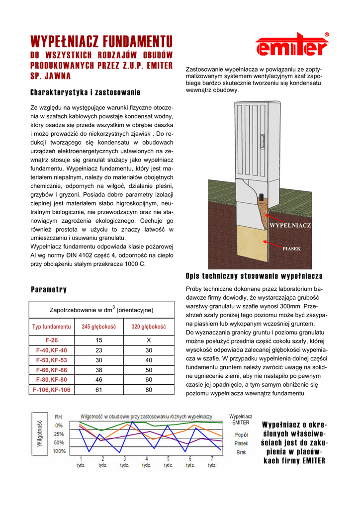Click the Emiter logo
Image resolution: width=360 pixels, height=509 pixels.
pyautogui.click(x=292, y=45)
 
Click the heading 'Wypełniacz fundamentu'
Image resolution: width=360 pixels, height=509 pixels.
pyautogui.click(x=101, y=41)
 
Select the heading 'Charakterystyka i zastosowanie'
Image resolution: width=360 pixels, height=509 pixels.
pyautogui.click(x=85, y=92)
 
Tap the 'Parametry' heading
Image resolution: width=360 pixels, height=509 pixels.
pyautogui.click(x=49, y=289)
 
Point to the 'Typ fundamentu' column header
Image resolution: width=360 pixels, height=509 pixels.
pyautogui.click(x=52, y=327)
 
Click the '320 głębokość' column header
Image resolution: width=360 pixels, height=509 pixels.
pyautogui.click(x=149, y=327)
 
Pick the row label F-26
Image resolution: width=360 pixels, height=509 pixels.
pyautogui.click(x=52, y=340)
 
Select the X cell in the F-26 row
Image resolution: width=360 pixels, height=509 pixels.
pyautogui.click(x=149, y=340)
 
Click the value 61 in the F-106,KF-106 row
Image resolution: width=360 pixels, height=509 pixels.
pyautogui.click(x=99, y=390)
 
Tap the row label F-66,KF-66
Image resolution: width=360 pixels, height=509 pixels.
pyautogui.click(x=52, y=370)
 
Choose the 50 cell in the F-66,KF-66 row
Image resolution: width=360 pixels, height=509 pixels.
pyautogui.click(x=149, y=370)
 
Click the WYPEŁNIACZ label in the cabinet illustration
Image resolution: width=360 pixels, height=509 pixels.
pyautogui.click(x=290, y=226)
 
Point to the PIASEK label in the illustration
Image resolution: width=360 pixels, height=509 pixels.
pyautogui.click(x=291, y=248)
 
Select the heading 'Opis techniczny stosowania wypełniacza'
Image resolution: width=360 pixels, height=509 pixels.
pyautogui.click(x=254, y=276)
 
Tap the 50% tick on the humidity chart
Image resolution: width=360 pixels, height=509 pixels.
pyautogui.click(x=59, y=442)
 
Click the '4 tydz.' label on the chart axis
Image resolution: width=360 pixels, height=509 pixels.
pyautogui.click(x=146, y=462)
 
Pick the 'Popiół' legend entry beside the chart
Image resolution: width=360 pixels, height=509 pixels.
pyautogui.click(x=241, y=434)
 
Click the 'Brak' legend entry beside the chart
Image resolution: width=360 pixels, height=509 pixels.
pyautogui.click(x=241, y=452)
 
